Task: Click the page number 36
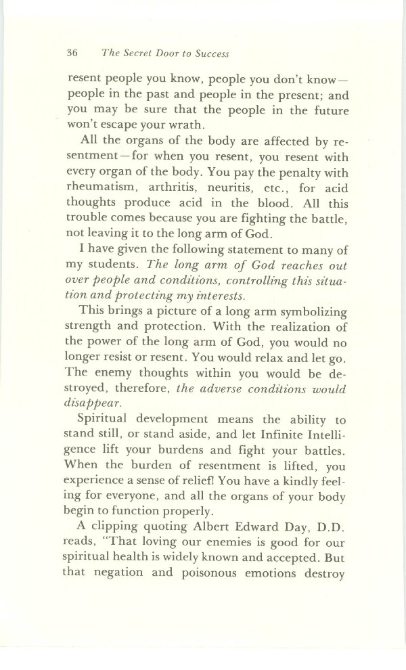click(74, 53)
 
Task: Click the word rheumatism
click(107, 187)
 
